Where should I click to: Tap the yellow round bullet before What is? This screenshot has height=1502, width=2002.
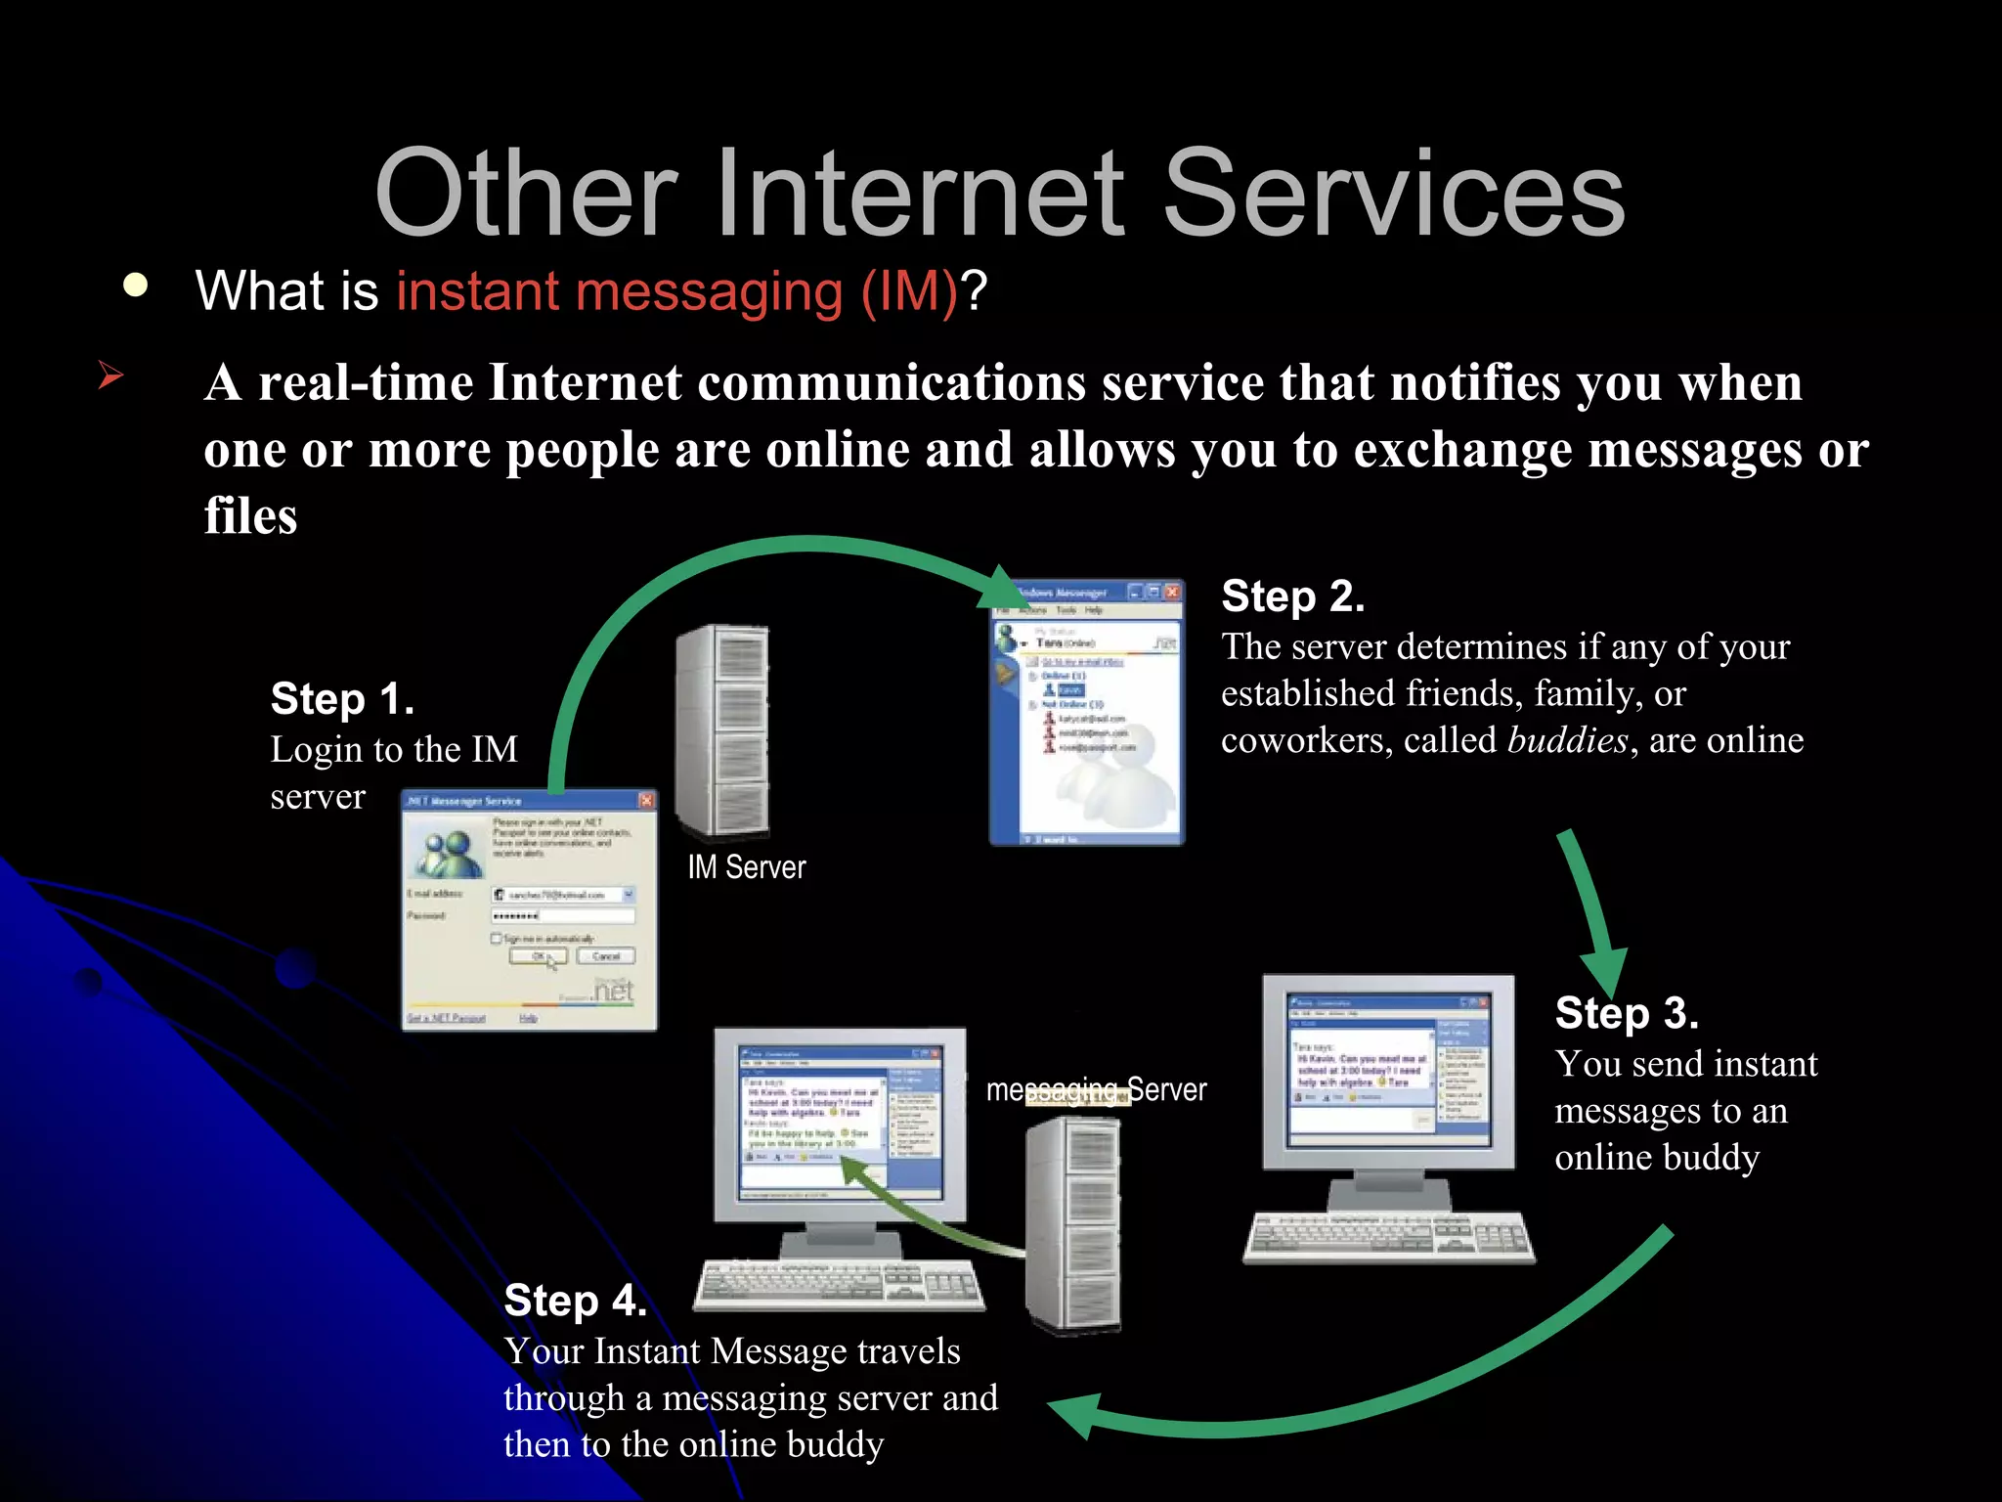(136, 286)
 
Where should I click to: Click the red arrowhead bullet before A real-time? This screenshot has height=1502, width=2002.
(110, 375)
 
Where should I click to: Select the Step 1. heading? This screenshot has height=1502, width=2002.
(342, 699)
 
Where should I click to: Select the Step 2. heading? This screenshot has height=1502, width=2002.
(1292, 596)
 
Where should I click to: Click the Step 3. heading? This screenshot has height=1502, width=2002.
(1626, 1013)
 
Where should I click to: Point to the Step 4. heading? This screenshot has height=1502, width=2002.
(575, 1301)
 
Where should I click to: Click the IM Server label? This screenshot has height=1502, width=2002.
(746, 867)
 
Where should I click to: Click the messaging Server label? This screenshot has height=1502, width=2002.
(1096, 1089)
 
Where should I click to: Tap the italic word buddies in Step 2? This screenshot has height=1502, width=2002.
(1567, 740)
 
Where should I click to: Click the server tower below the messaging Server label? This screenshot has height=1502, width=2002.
(1072, 1222)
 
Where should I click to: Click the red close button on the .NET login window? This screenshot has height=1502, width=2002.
(646, 801)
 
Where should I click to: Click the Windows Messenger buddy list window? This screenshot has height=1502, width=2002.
(1086, 714)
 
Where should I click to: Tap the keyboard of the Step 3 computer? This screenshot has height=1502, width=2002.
(1388, 1237)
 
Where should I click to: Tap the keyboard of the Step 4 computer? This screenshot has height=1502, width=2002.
(839, 1283)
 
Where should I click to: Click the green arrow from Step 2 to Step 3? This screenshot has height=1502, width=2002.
(1591, 909)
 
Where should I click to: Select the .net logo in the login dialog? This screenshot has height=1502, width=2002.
(613, 991)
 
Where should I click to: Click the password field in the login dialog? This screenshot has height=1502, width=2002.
(563, 916)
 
